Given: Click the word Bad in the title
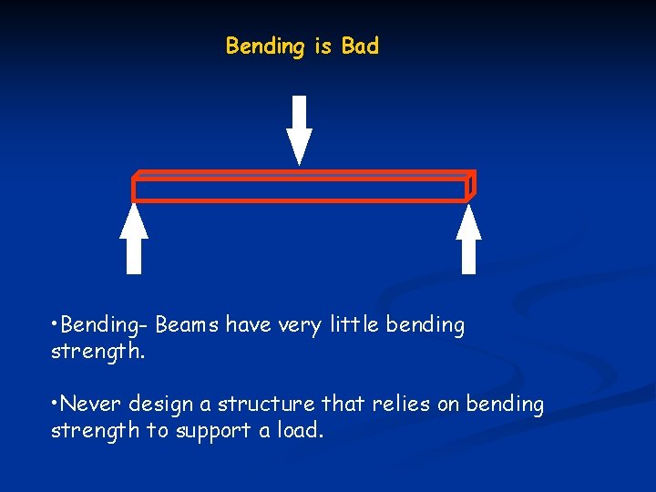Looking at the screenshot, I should coord(360,46).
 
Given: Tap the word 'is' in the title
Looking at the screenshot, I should coord(323,46).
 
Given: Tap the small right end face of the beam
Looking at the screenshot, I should coord(471,185).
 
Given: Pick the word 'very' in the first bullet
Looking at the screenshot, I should coord(298,326).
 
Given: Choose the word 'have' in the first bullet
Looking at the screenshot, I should coord(248,325).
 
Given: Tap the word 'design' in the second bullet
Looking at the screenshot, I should coord(160,405).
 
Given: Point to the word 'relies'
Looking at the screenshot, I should coord(402,404).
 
